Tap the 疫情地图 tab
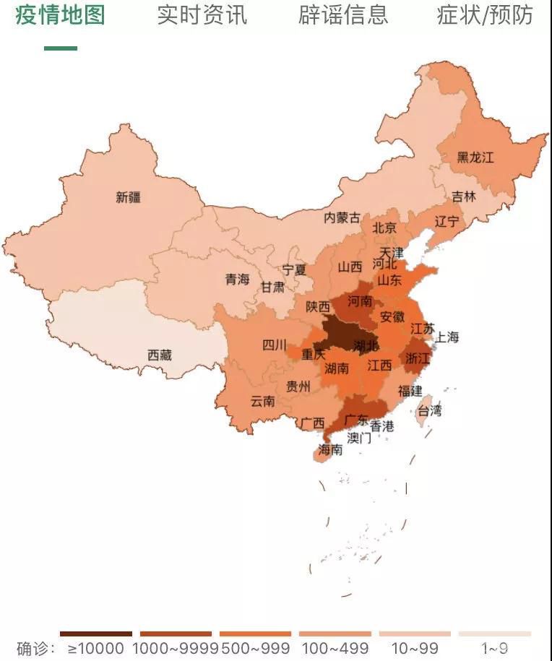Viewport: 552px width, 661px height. pos(61,14)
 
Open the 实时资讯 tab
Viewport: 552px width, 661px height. pos(202,14)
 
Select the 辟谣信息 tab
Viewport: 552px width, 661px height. pos(343,14)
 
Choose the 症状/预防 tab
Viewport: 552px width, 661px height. pos(485,14)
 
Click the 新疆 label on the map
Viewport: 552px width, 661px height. pos(129,197)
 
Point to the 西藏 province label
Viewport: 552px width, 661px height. pos(160,355)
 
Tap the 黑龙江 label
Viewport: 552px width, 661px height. pos(475,157)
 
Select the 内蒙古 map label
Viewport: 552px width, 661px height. pos(342,217)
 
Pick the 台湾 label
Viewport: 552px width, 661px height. pos(429,410)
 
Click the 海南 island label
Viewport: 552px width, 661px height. pos(331,450)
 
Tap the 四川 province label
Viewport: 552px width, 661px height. pos(275,345)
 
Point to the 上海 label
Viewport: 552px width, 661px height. pos(447,337)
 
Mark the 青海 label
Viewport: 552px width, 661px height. pos(237,279)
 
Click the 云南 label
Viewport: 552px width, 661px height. pos(263,401)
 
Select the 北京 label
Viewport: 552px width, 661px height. pos(384,228)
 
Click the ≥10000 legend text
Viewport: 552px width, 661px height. pos(96,648)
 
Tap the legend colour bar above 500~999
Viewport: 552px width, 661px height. pos(256,634)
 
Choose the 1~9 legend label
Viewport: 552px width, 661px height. pos(495,648)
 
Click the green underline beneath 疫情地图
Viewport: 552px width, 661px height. pos(61,48)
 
